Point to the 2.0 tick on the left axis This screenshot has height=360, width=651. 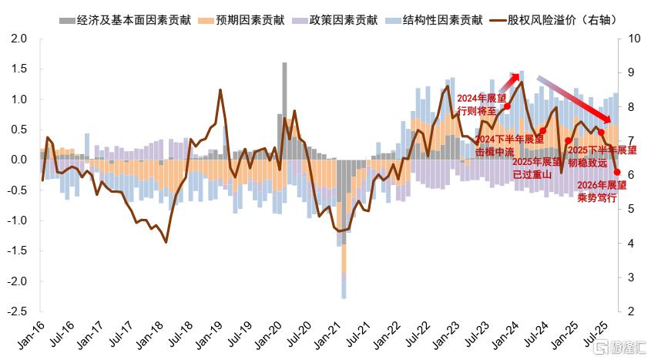(20, 39)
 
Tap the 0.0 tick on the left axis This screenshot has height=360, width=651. (20, 160)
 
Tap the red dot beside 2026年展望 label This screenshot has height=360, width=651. (617, 173)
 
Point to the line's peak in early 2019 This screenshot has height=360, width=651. (220, 90)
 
